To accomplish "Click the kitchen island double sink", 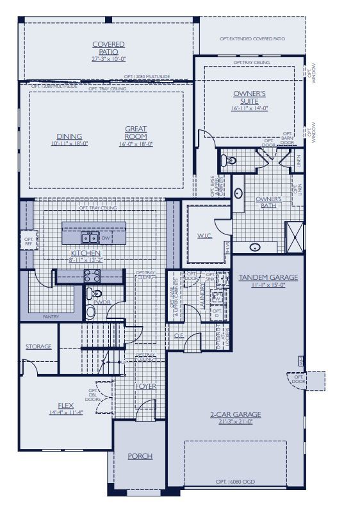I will [90, 238].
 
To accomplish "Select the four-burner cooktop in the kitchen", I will [92, 276].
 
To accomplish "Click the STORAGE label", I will [38, 347].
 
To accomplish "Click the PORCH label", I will [140, 456].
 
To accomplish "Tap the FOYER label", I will [145, 386].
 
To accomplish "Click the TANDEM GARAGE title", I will [268, 277].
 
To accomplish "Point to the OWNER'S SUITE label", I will [249, 97].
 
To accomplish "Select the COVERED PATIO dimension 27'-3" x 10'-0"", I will [108, 59].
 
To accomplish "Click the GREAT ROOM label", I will [136, 133].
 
